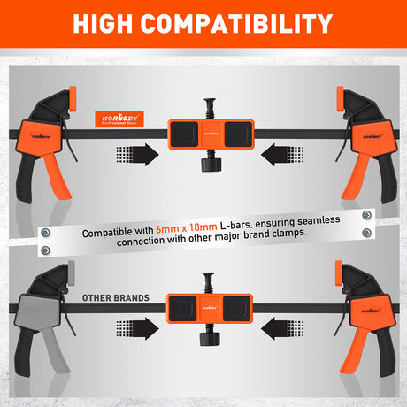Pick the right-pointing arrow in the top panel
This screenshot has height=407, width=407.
[x=136, y=154]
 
